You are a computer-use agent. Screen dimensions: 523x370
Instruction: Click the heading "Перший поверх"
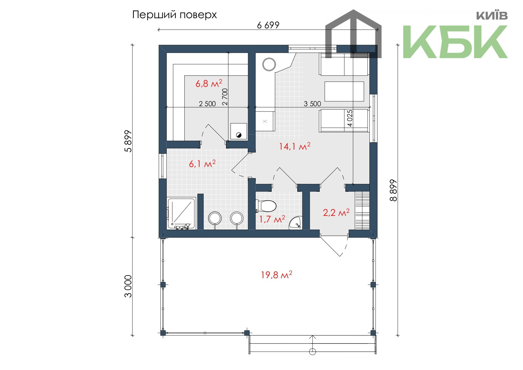point(174,15)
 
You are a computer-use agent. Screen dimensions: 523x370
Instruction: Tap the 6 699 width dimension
point(268,25)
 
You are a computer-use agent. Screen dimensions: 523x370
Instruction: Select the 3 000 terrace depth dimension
point(128,286)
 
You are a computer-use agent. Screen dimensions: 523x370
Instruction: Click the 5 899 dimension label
point(128,141)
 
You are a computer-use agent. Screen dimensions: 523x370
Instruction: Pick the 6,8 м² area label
point(209,83)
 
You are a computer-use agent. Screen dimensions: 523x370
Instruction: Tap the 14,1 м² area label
point(295,146)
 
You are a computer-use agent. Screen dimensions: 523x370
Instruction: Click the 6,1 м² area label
point(202,163)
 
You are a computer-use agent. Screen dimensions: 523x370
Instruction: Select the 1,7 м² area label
point(272,219)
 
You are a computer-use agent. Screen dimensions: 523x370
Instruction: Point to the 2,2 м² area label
point(336,212)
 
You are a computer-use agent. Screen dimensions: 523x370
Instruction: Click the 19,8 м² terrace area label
point(276,275)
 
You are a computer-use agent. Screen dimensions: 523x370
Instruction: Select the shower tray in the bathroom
point(181,213)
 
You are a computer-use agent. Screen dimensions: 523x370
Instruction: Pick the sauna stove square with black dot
point(239,131)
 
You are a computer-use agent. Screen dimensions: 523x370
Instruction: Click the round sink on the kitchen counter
point(269,64)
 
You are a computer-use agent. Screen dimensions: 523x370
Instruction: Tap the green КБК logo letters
point(455,42)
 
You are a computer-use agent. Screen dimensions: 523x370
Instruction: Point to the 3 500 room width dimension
point(312,103)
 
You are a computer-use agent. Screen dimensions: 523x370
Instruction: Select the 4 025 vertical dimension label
point(350,118)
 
